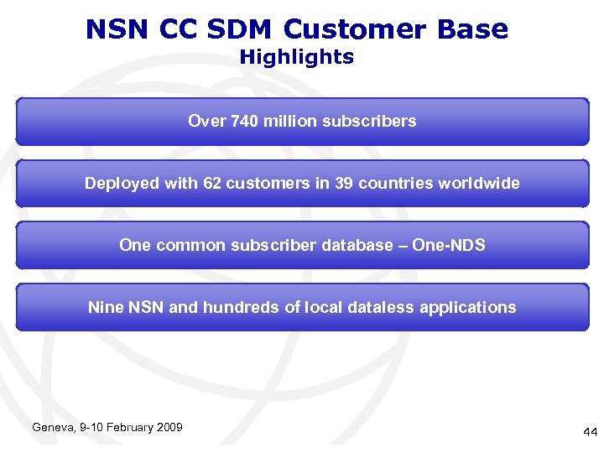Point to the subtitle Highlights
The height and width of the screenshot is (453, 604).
[297, 57]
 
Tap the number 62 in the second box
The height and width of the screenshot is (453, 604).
[213, 183]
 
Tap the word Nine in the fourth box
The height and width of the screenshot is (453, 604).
[106, 307]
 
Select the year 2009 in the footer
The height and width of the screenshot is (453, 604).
[168, 428]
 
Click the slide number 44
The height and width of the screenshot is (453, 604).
[590, 432]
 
